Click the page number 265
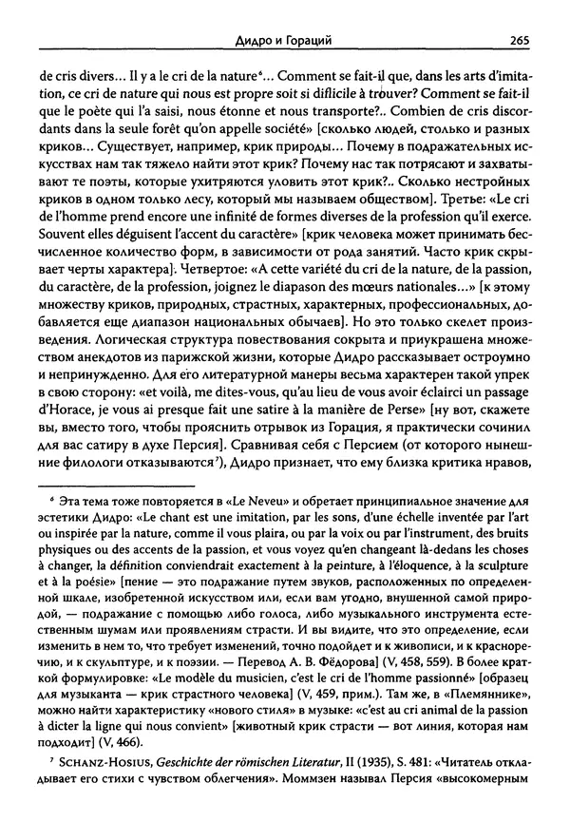pos(519,40)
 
